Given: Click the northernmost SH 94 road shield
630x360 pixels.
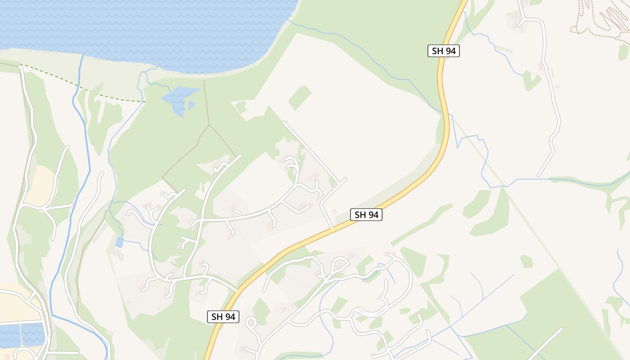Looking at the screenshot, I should (x=443, y=51).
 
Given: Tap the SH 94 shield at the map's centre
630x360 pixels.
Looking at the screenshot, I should (x=366, y=215).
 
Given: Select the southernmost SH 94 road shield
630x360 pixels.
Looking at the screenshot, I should (x=223, y=316).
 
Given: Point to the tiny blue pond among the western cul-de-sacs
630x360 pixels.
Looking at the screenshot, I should (x=119, y=242).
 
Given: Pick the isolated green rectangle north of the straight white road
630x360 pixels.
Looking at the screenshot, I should (x=300, y=97).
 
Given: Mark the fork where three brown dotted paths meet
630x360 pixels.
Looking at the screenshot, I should (x=209, y=126).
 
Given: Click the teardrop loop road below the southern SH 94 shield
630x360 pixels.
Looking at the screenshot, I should (x=251, y=322).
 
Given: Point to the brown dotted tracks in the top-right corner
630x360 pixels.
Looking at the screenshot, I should (x=598, y=18).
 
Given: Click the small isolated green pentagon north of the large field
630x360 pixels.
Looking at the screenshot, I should (x=526, y=261).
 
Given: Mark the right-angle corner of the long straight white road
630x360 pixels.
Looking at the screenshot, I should (x=346, y=179).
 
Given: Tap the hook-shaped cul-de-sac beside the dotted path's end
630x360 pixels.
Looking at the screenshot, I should (x=220, y=167).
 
